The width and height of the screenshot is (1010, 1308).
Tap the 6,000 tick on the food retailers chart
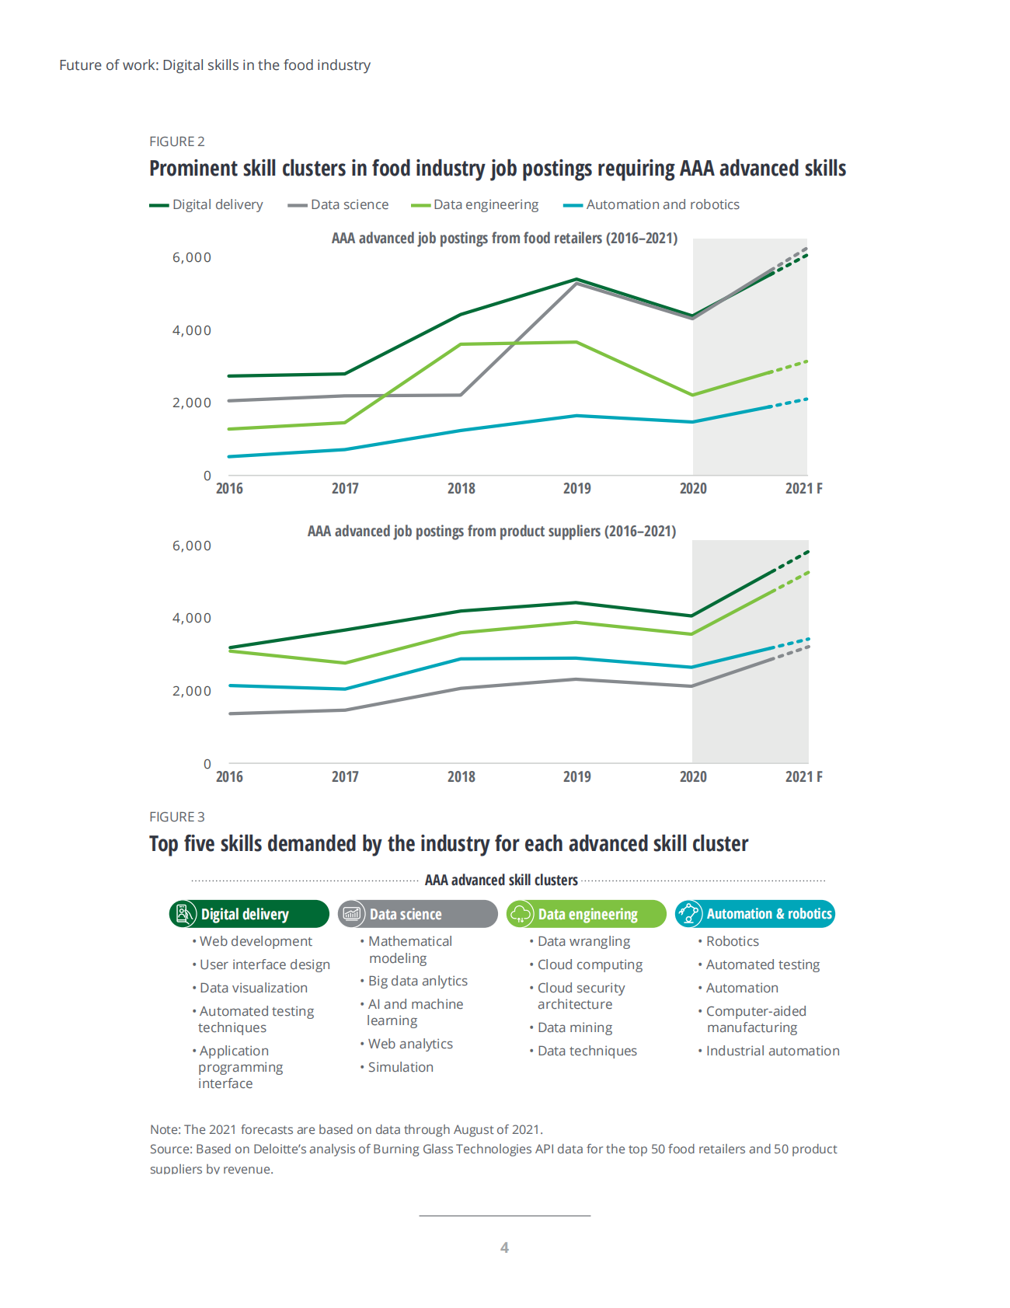click(191, 257)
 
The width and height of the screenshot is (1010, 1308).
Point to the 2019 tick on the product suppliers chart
click(576, 776)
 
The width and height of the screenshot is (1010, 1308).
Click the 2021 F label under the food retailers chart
click(803, 488)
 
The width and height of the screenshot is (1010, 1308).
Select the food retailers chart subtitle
click(504, 238)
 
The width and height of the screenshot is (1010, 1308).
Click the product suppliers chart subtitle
click(491, 531)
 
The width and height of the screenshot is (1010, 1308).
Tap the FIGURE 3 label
click(177, 817)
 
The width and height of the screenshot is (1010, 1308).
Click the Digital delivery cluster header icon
click(183, 914)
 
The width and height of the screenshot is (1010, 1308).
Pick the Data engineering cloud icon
click(521, 914)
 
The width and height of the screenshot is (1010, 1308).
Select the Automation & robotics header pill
click(754, 914)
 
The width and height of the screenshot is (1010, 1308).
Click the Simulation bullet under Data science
click(400, 1067)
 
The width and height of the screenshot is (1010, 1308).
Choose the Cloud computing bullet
click(590, 964)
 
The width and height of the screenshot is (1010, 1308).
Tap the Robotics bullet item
click(732, 941)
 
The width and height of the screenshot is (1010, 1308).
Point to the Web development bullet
click(256, 941)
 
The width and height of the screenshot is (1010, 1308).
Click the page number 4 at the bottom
click(504, 1247)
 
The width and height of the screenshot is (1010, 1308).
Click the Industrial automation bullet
click(772, 1051)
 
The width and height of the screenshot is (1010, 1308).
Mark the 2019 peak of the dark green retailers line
click(576, 279)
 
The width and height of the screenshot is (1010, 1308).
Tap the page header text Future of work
click(109, 65)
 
